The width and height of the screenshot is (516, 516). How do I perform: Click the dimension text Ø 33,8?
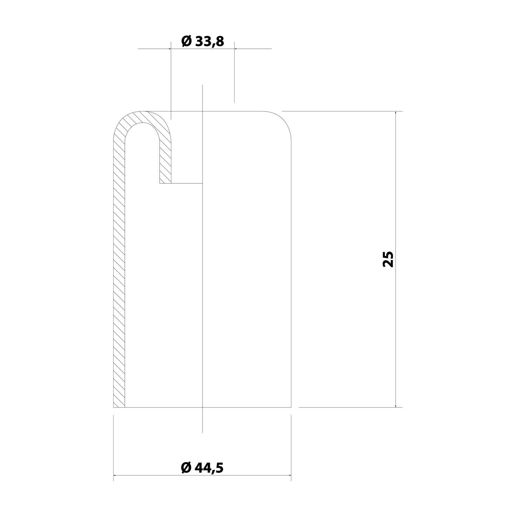(x=203, y=41)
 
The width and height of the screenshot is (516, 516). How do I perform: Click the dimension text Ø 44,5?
(x=202, y=467)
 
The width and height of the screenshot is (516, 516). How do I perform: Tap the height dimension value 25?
(x=388, y=259)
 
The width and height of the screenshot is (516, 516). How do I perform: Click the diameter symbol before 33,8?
(x=186, y=41)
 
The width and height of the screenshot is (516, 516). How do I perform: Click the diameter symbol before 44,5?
(x=186, y=467)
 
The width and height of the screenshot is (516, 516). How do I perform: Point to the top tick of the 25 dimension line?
(x=396, y=111)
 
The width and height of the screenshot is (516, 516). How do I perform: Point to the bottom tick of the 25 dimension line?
(x=396, y=407)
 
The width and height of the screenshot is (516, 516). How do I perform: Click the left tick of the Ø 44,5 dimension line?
(x=114, y=476)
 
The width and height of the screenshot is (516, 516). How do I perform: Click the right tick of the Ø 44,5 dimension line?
(x=291, y=476)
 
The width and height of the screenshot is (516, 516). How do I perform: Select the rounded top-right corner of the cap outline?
(x=283, y=119)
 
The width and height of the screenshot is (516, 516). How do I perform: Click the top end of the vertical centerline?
(x=203, y=85)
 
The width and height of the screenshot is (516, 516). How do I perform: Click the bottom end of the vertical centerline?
(x=203, y=432)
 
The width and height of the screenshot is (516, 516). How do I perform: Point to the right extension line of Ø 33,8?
(x=235, y=72)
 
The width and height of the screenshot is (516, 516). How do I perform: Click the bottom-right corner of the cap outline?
(x=291, y=407)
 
